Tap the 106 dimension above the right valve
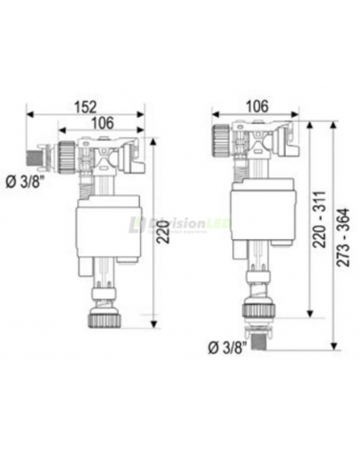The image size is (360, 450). (x=256, y=107)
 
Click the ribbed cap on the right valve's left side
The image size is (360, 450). (x=217, y=143)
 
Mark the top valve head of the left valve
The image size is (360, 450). (x=107, y=152)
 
